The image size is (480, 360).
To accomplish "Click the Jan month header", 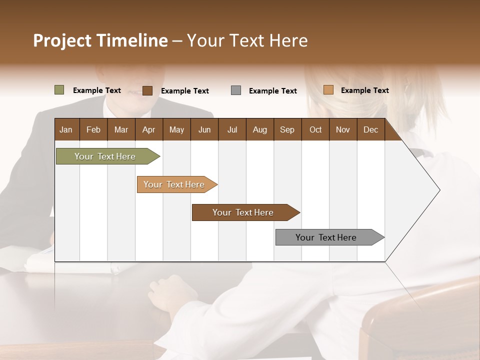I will click(x=66, y=129).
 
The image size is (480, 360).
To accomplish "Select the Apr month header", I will click(x=148, y=129).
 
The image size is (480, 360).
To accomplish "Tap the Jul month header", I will click(x=232, y=129).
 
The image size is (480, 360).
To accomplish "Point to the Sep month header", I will click(x=287, y=129).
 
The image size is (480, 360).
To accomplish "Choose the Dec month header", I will click(x=370, y=129).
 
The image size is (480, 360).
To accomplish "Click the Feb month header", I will click(x=93, y=129).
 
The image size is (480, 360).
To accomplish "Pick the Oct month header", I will click(x=315, y=129).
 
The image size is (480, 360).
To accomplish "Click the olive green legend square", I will click(x=59, y=90).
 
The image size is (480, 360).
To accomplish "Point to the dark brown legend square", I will click(x=147, y=90).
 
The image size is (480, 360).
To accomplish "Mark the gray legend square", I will click(x=236, y=90).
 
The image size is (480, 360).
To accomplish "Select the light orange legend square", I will click(x=328, y=90).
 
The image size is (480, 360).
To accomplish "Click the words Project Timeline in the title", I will click(x=100, y=40).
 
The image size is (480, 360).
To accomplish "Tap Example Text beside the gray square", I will click(x=273, y=91).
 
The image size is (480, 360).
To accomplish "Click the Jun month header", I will click(x=204, y=129).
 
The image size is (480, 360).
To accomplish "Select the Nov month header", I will click(x=343, y=129).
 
